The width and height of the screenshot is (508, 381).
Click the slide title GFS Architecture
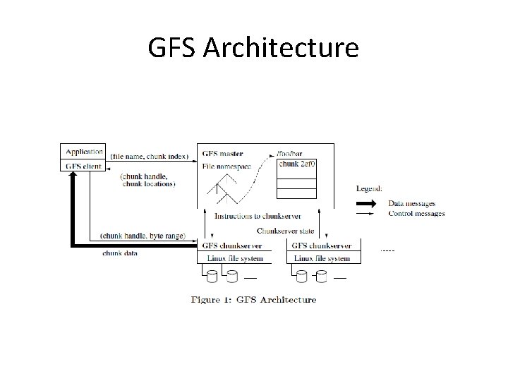[253, 48]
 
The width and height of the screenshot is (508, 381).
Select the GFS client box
[84, 167]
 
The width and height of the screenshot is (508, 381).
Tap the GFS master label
[222, 152]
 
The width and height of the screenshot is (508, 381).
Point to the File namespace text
[226, 166]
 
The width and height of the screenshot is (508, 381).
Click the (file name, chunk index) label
[149, 155]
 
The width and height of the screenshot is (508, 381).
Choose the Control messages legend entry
[416, 214]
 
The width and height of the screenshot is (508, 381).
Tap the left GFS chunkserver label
[233, 246]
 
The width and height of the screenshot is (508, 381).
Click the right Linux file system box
[323, 259]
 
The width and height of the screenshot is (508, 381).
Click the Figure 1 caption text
[254, 299]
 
